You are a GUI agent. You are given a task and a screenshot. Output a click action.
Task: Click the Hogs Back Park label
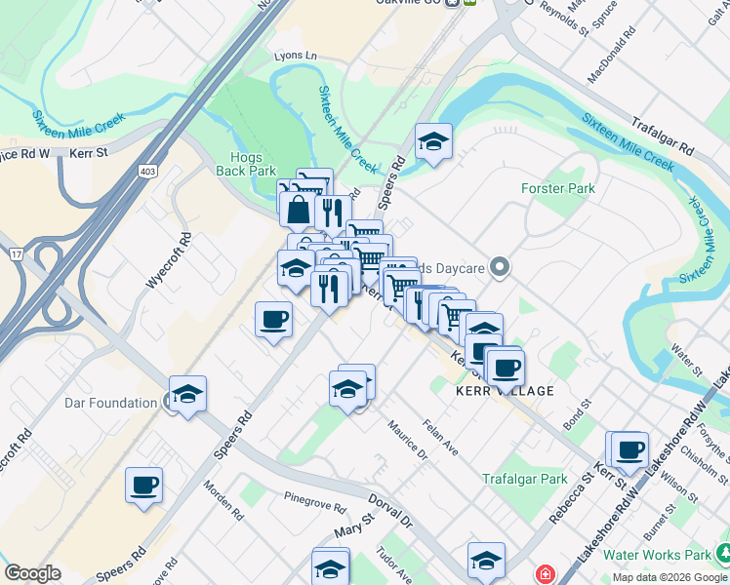254,163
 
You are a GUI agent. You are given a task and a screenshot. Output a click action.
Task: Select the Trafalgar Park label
524,479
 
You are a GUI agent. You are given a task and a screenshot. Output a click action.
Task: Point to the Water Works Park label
657,555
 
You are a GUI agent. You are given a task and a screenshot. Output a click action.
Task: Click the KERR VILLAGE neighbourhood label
505,391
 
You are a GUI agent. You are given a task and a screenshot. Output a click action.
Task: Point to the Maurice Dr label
407,439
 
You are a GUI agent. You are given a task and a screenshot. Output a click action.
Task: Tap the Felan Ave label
440,437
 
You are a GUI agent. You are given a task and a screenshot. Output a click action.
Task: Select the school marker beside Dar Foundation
187,395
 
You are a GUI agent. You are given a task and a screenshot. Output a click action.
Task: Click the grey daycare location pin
501,266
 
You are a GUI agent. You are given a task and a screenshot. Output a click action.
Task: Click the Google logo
32,573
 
